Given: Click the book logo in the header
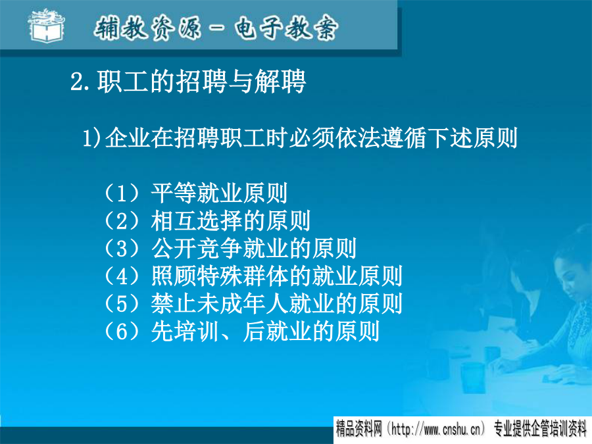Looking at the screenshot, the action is (x=47, y=26).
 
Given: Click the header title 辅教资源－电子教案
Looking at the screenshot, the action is (x=216, y=28).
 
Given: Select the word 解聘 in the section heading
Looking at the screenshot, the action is (x=280, y=81).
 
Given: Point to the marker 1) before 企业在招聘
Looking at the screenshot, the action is (x=93, y=138).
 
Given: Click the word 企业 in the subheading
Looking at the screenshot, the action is (x=128, y=138).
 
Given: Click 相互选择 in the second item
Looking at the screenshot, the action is (x=196, y=221).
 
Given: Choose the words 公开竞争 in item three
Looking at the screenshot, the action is (x=196, y=249).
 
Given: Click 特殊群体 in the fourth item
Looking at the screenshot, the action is (x=242, y=276).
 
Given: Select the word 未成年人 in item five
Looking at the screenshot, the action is (x=242, y=304).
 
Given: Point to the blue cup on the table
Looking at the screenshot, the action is (x=472, y=378).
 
